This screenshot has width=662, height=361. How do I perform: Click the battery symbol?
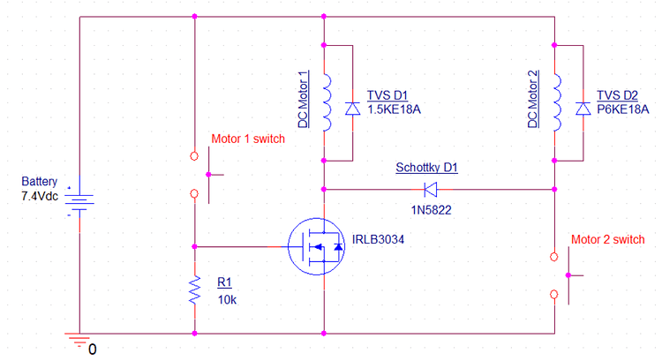point(80,205)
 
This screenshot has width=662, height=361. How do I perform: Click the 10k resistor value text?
point(227,299)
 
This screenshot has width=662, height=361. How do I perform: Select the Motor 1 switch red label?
point(248,139)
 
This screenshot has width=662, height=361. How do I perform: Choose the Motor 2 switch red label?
point(608,239)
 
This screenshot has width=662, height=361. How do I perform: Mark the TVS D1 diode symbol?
point(351,109)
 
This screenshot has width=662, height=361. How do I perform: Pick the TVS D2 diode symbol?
point(583,109)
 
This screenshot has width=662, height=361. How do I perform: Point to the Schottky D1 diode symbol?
point(432,188)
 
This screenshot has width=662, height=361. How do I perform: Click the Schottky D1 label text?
point(426,168)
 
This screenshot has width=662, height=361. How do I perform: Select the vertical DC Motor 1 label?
point(304,99)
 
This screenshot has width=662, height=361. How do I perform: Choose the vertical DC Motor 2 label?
point(534,99)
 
